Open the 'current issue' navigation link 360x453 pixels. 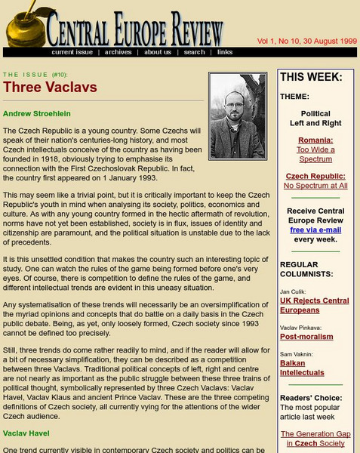pyautogui.click(x=72, y=52)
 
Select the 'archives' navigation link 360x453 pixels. pyautogui.click(x=118, y=52)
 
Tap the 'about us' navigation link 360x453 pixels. pyautogui.click(x=158, y=52)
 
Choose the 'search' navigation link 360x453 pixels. pyautogui.click(x=194, y=52)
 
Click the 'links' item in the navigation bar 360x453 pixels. pyautogui.click(x=225, y=52)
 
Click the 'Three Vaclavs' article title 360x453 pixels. pyautogui.click(x=50, y=87)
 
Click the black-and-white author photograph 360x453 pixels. pyautogui.click(x=237, y=116)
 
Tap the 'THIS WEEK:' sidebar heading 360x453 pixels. pyautogui.click(x=312, y=77)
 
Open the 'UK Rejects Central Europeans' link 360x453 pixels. pyautogui.click(x=315, y=305)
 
